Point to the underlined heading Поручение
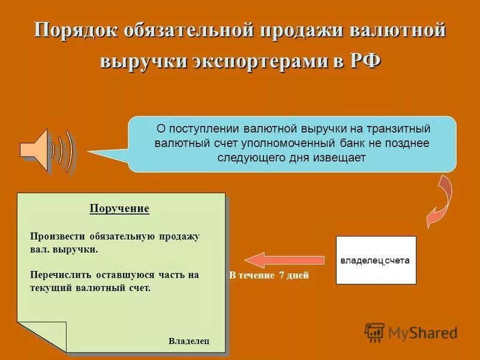pyautogui.click(x=119, y=209)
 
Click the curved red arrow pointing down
pyautogui.click(x=439, y=202)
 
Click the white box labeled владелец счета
pyautogui.click(x=376, y=260)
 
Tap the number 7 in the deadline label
pyautogui.click(x=281, y=276)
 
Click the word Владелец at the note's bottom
pyautogui.click(x=189, y=341)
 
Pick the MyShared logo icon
pyautogui.click(x=374, y=332)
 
